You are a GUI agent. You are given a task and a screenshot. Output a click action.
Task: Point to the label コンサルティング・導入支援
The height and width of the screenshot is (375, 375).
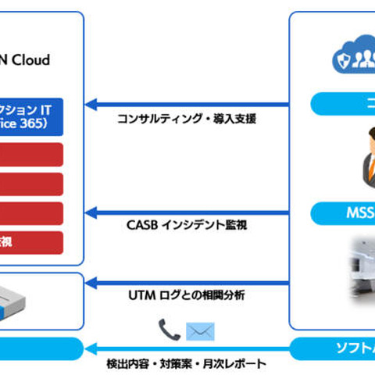click(x=187, y=120)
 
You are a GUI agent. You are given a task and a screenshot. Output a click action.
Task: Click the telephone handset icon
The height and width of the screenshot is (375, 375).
click(x=168, y=330)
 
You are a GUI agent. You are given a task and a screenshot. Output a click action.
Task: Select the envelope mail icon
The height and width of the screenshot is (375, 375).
click(x=199, y=331)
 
